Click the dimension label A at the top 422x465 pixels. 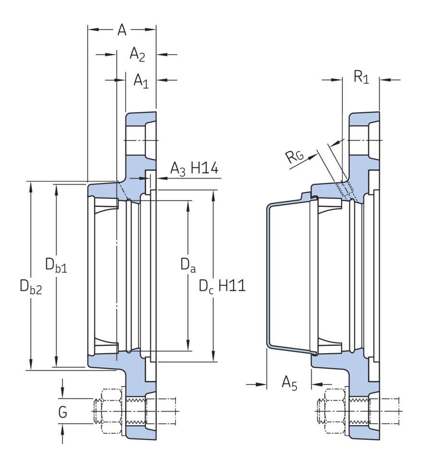122,30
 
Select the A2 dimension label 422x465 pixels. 138,55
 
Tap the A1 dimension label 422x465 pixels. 141,81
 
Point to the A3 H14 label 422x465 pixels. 194,169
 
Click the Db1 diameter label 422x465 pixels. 56,264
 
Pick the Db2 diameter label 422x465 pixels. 31,287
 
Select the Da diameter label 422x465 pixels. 188,264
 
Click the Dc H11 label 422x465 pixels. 222,287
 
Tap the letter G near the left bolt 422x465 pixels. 62,412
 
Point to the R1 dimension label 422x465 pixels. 361,77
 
